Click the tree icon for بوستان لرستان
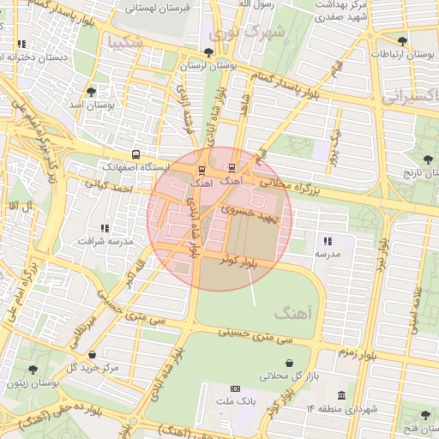[x=208, y=53]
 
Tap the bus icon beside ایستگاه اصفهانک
[x=136, y=155]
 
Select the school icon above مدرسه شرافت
[x=105, y=229]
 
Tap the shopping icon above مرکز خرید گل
[x=92, y=354]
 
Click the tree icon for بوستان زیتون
[x=33, y=370]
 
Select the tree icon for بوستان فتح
[x=425, y=415]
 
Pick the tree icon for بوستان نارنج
[x=428, y=159]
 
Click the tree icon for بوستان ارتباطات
[x=402, y=40]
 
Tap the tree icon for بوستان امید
[x=92, y=91]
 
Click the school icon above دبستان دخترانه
[x=21, y=44]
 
